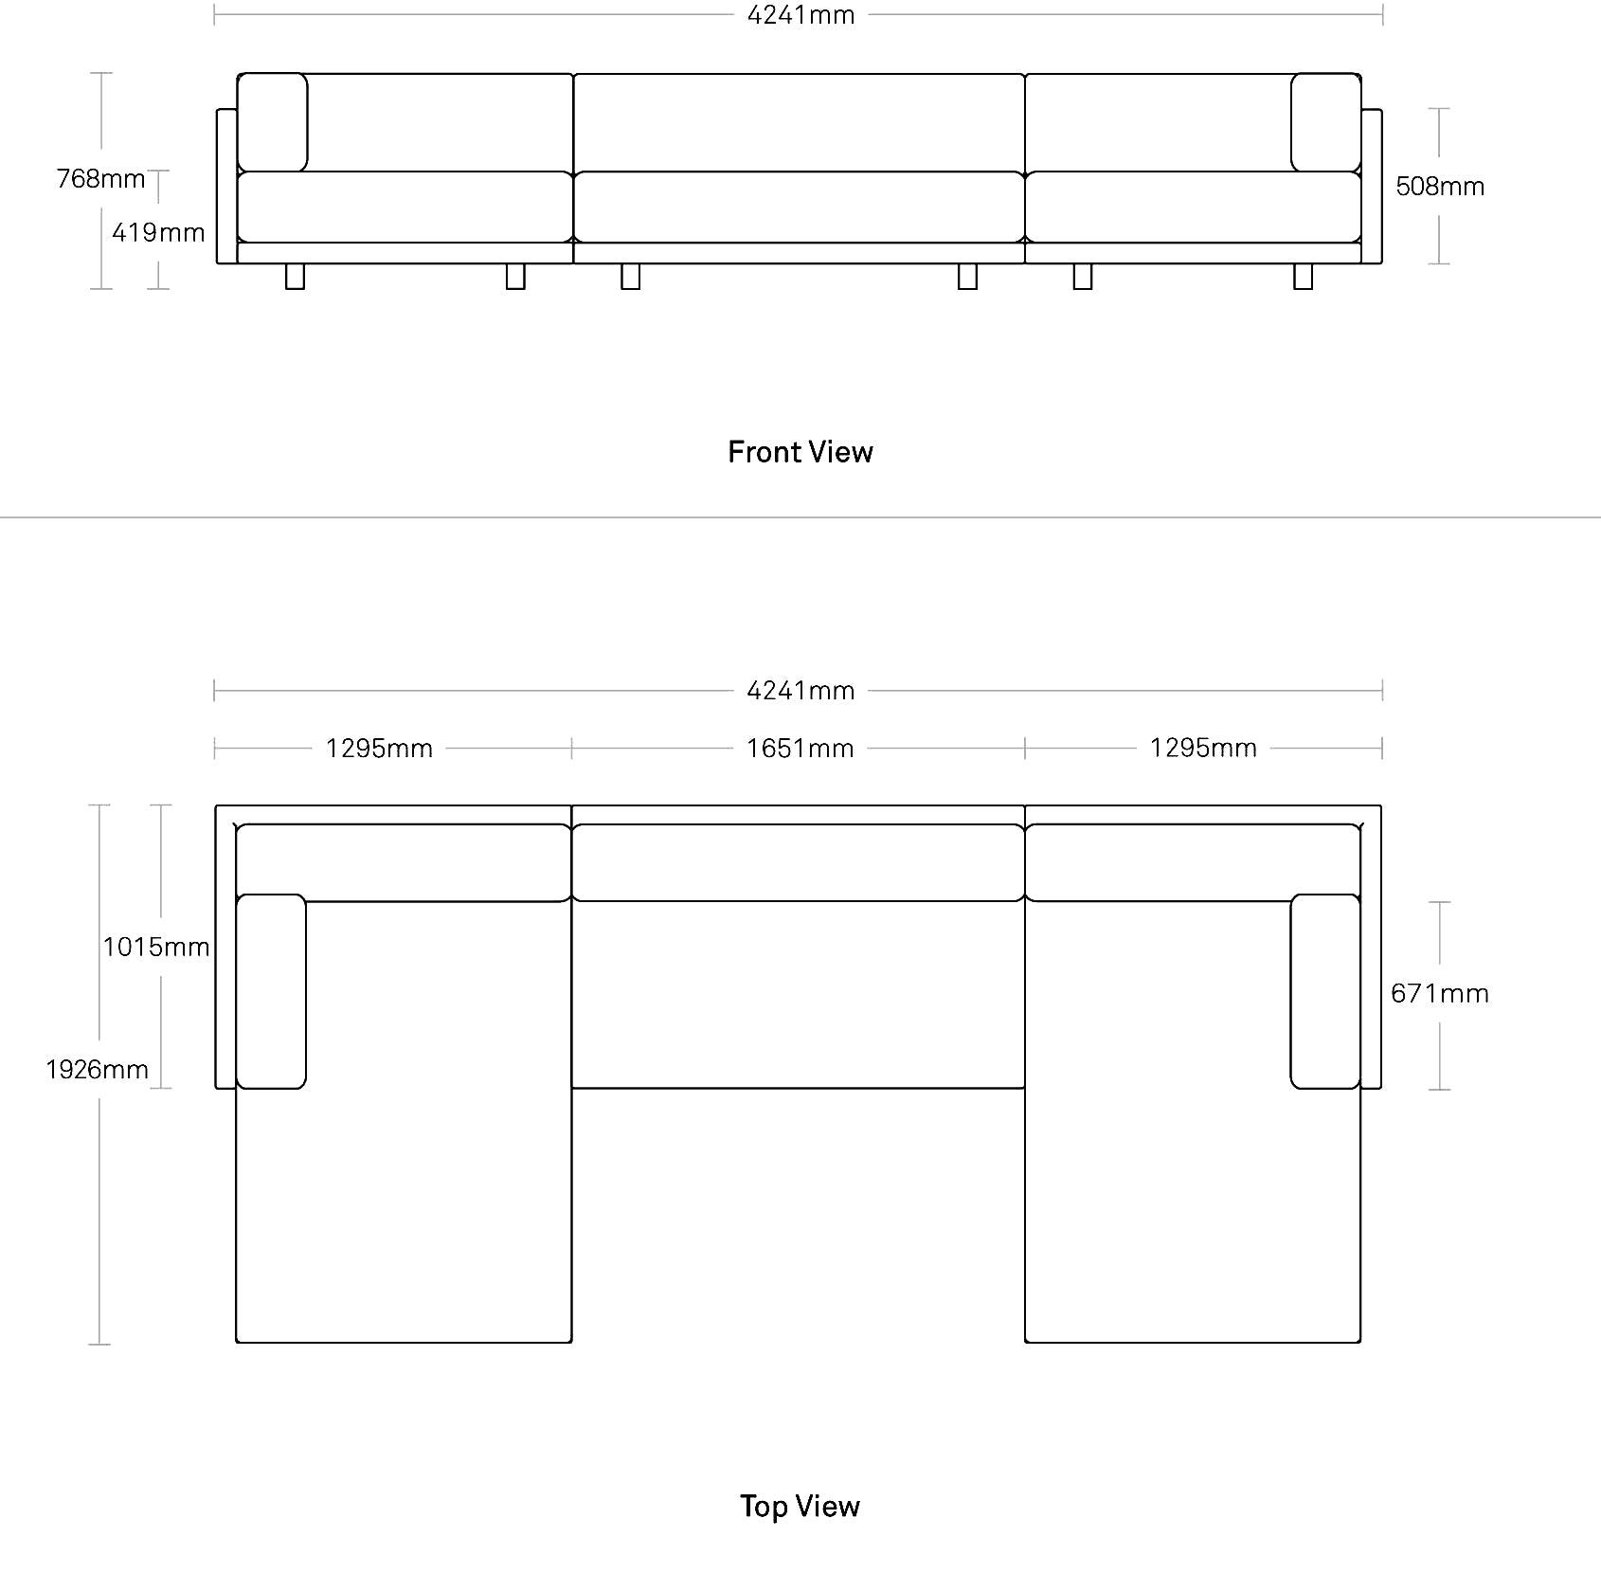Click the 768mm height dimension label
100,178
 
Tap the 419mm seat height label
158,232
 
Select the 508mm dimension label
1440,187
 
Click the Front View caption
800,452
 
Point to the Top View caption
800,1506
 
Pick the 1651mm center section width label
800,749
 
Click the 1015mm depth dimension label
156,947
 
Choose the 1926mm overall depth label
98,1070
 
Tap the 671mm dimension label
1440,993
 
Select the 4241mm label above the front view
800,15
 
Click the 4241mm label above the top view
800,691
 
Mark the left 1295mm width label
379,749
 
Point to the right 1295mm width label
1203,748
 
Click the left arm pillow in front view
272,122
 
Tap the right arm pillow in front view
1326,122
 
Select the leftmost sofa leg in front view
296,276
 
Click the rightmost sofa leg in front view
1304,276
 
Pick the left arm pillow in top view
271,991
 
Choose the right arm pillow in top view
1325,991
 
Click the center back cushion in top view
799,862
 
